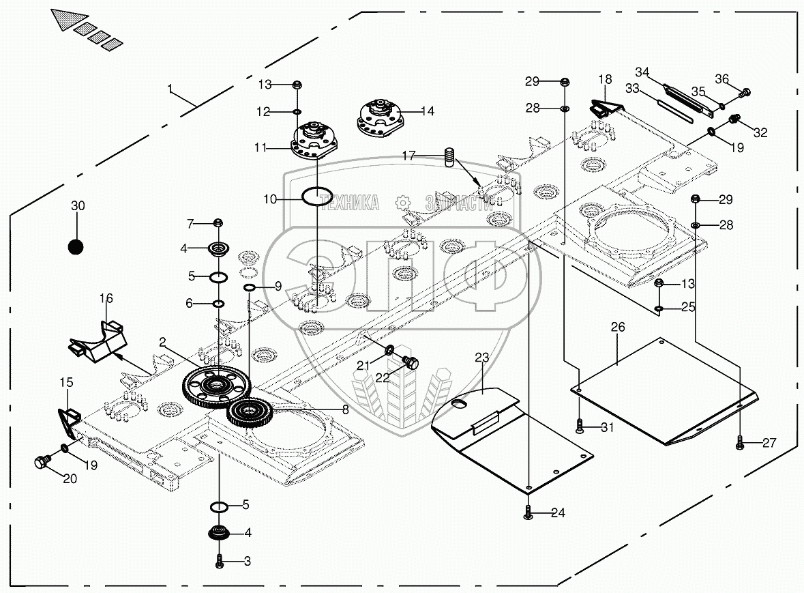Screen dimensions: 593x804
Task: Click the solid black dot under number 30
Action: (77, 246)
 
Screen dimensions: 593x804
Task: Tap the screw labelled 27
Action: (741, 444)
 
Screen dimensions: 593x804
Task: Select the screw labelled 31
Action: (580, 427)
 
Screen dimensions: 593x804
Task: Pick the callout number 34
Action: (643, 72)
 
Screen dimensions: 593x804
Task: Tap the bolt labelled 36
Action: (745, 91)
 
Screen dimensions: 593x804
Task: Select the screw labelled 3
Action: (220, 561)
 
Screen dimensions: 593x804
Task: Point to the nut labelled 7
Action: (218, 223)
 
